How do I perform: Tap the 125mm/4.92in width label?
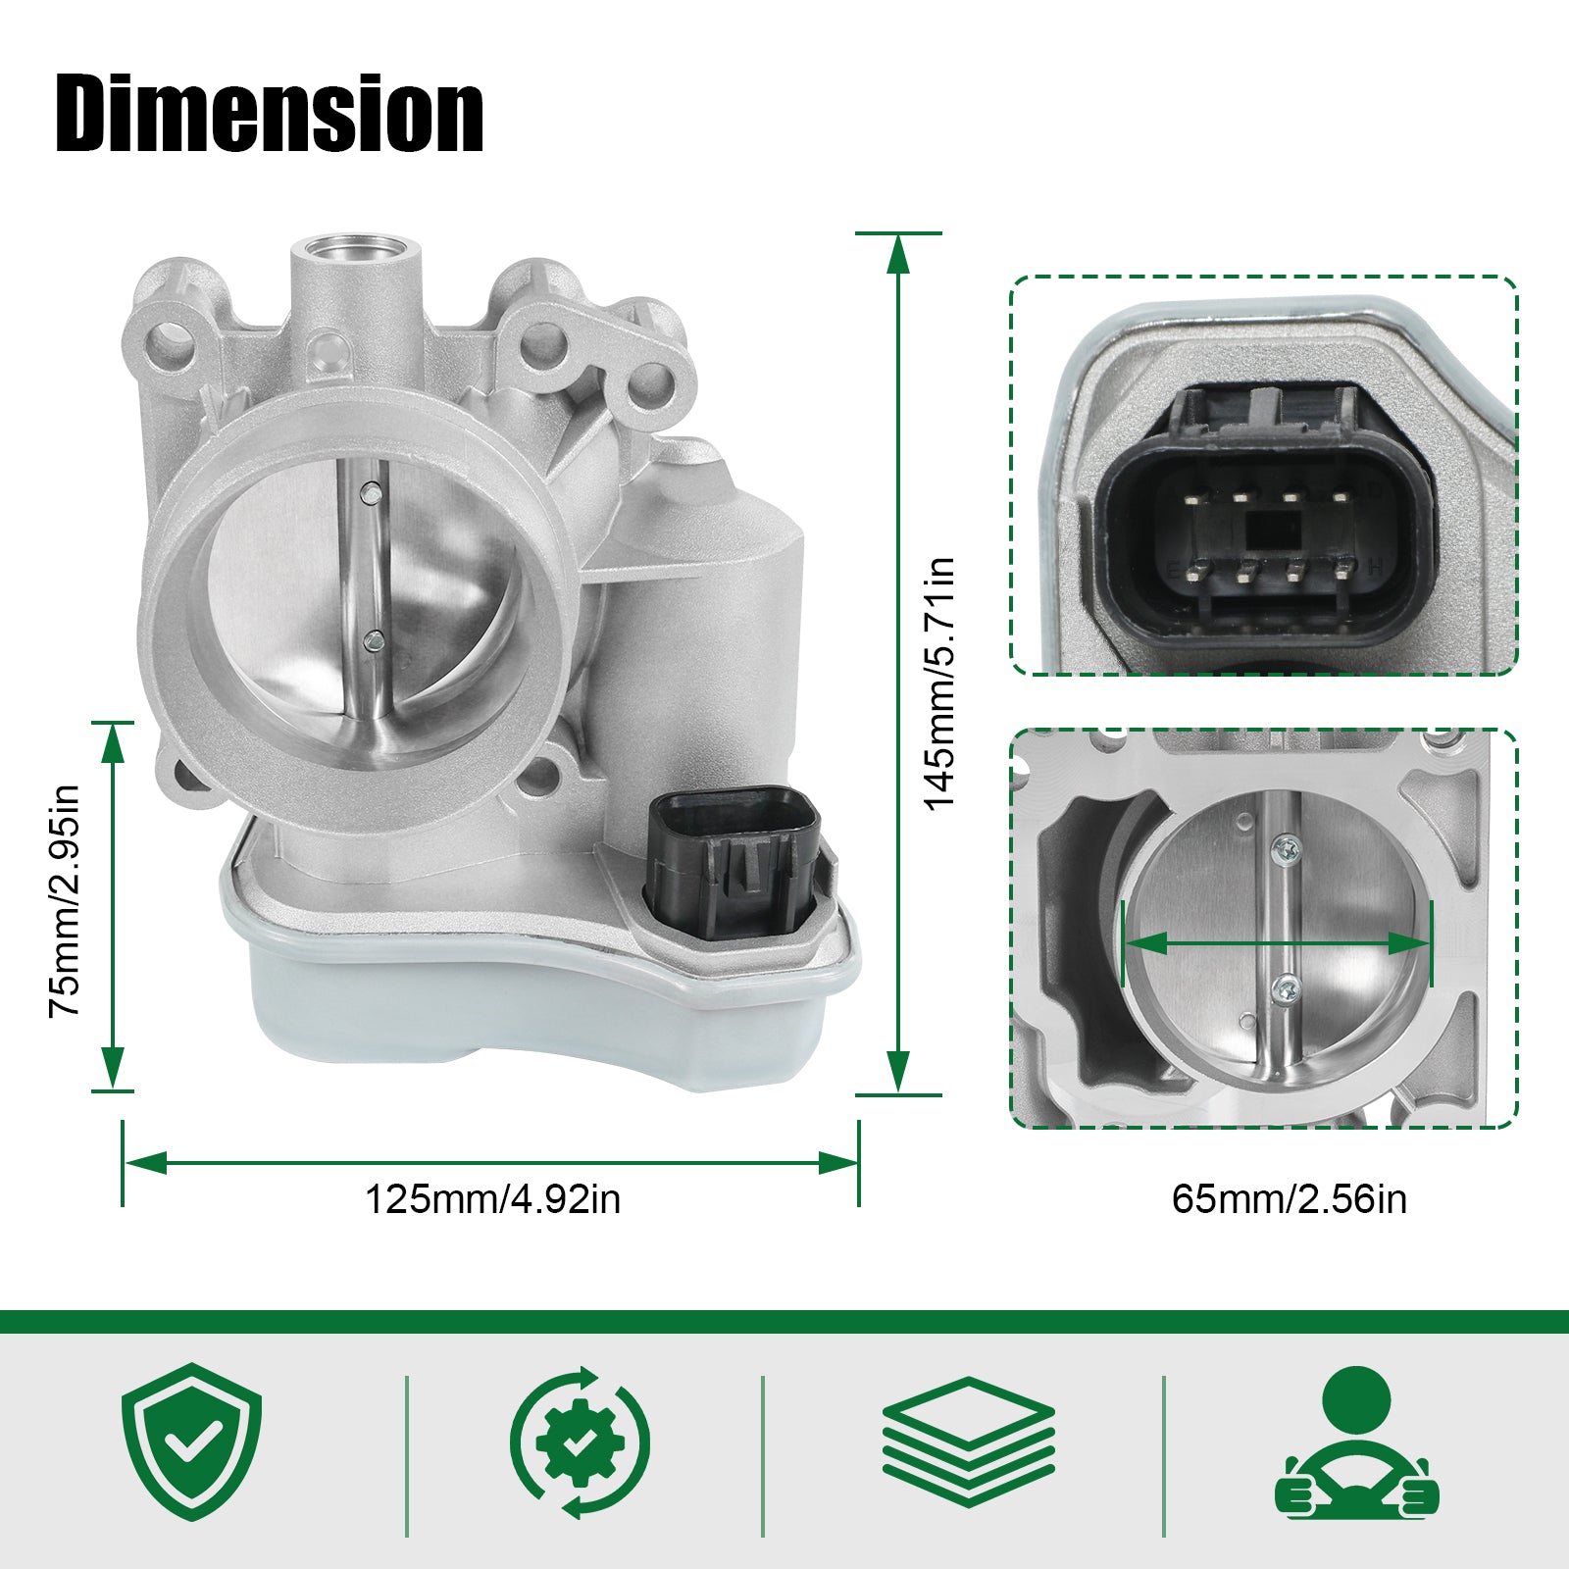click(492, 1199)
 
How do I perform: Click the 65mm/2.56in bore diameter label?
click(1290, 1199)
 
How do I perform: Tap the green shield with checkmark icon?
click(192, 1442)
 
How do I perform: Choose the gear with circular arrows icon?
click(580, 1442)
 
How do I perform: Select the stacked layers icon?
click(969, 1442)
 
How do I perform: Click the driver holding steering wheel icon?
click(1356, 1442)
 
